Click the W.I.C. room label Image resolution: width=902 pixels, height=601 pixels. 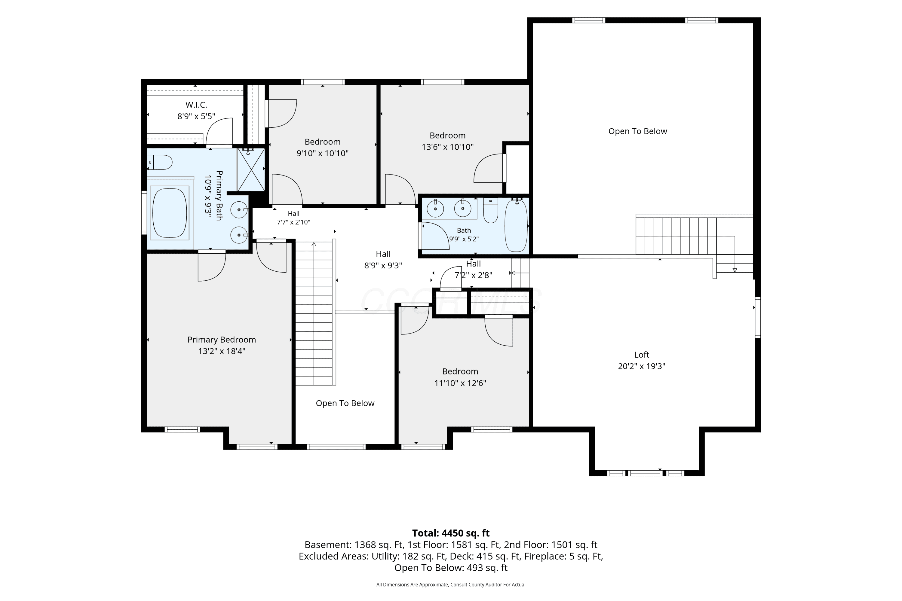pos(196,105)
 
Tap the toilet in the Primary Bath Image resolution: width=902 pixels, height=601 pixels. pos(160,162)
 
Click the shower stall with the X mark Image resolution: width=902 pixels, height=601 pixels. pos(251,169)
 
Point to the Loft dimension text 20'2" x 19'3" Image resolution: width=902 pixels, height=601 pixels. pos(642,366)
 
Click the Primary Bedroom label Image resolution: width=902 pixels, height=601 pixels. pos(222,340)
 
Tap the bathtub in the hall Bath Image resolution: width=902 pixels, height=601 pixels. pos(516,225)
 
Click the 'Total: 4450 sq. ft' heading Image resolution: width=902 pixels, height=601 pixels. pos(451,533)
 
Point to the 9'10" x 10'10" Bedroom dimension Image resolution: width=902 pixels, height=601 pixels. pos(323,153)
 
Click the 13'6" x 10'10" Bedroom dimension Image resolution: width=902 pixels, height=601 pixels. pos(448,147)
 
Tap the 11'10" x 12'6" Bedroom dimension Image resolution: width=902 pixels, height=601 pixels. pos(460,383)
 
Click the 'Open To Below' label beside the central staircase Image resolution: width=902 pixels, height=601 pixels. pos(345,403)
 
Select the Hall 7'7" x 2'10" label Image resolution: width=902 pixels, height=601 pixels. pos(294,218)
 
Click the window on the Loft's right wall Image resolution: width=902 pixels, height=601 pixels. pos(758,317)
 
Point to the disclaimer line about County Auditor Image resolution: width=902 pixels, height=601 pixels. pos(451,584)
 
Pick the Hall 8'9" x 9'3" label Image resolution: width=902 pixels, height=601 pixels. pos(383,260)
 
